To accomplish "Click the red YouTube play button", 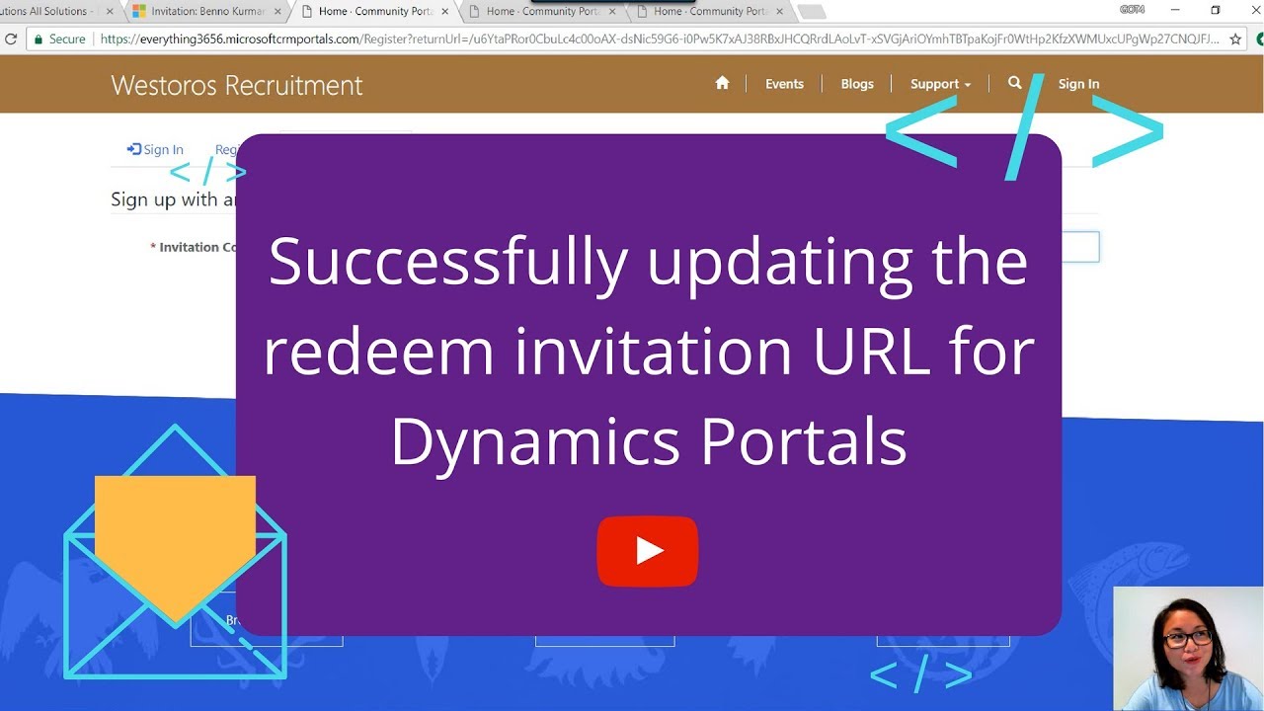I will (x=648, y=551).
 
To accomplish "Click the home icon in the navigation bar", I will (x=722, y=84).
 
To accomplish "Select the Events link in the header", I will (x=784, y=84).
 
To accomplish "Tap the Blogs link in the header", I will (x=857, y=84).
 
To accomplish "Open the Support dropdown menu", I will (x=940, y=84).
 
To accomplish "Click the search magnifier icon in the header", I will (x=1014, y=83).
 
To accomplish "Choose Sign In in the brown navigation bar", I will (x=1078, y=84).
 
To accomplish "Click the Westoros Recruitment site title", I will (x=237, y=85).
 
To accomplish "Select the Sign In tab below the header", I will (x=156, y=150).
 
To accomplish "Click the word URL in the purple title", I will (x=871, y=351).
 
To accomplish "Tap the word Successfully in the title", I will (x=448, y=262).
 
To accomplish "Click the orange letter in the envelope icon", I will (x=175, y=538).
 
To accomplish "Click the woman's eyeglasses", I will (x=1186, y=638).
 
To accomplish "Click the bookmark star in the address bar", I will (x=1235, y=39).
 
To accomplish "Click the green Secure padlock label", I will (x=59, y=39).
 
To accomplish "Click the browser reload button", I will (x=11, y=39).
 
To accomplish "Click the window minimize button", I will (x=1174, y=10).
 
